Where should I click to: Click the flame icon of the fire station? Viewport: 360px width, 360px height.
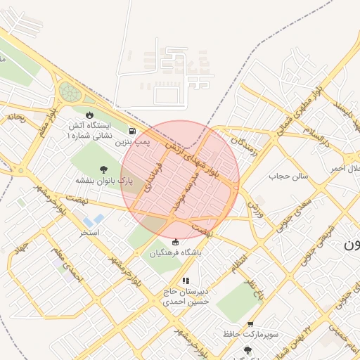tap(89, 115)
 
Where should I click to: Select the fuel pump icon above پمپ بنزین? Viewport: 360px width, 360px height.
tap(132, 131)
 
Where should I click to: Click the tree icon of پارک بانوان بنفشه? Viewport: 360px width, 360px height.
tap(104, 169)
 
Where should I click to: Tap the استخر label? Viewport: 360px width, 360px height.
tap(89, 231)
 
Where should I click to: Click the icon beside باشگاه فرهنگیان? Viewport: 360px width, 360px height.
tap(175, 243)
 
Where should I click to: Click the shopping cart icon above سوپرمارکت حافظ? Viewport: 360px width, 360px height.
tap(250, 324)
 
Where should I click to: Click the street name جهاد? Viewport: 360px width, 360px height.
tap(19, 248)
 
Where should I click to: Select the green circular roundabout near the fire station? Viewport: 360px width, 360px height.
tap(70, 91)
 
